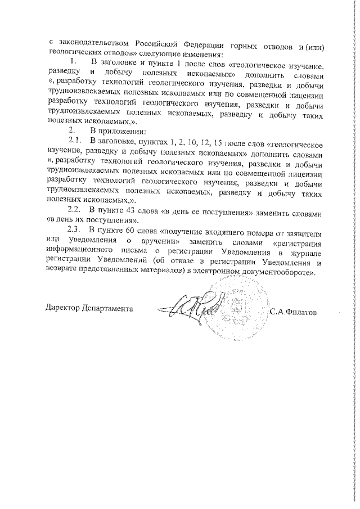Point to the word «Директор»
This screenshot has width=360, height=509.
pyautogui.click(x=62, y=309)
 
